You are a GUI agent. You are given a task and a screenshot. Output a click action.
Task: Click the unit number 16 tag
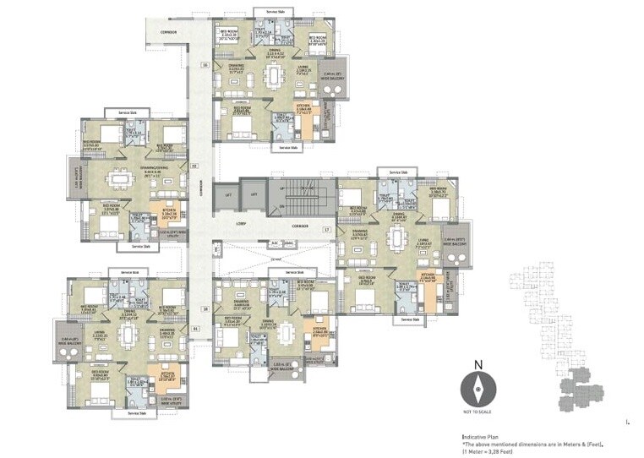point(205,64)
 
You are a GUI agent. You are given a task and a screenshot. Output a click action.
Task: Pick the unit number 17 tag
point(325,229)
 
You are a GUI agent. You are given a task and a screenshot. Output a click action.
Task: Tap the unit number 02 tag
point(194,166)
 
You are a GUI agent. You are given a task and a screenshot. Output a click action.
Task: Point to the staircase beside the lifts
point(300,200)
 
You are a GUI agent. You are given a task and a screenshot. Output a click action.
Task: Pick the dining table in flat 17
point(394,239)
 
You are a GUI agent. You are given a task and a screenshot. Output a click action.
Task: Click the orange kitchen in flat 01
point(158,373)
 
